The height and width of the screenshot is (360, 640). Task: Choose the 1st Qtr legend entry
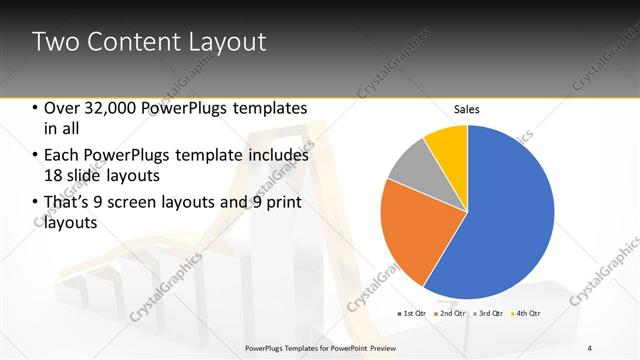pyautogui.click(x=412, y=314)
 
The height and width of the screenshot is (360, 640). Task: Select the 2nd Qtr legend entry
pyautogui.click(x=449, y=314)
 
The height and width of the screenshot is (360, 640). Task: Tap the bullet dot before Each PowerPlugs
pyautogui.click(x=35, y=156)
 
